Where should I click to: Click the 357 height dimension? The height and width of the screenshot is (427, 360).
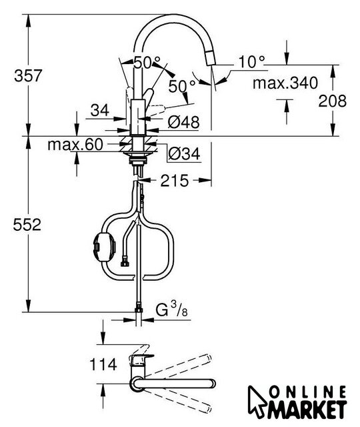[x=28, y=76]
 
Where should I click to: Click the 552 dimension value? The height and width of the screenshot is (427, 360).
[x=27, y=225]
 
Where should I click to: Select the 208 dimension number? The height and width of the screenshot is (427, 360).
[x=333, y=101]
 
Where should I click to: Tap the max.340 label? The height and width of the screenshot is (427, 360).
[x=285, y=83]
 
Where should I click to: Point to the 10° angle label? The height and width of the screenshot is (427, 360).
[x=251, y=62]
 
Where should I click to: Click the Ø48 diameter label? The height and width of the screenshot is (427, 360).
[x=184, y=122]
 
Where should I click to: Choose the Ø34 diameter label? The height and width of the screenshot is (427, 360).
[x=184, y=154]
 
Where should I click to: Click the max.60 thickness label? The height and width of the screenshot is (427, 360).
[x=75, y=145]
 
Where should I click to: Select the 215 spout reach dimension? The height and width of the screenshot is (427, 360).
[x=175, y=180]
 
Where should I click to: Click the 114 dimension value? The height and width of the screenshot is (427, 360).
[x=103, y=364]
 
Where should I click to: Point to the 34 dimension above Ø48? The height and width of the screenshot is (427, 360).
[x=100, y=110]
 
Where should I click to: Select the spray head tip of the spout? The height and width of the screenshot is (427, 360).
[x=211, y=58]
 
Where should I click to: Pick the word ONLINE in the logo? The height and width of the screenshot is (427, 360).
[x=308, y=393]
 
